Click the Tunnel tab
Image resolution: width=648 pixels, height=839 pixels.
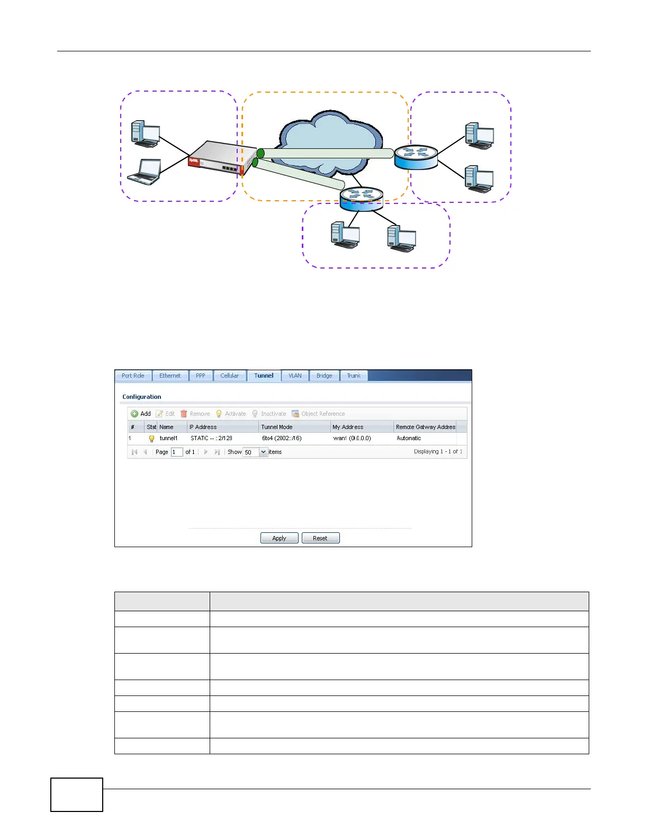click(264, 376)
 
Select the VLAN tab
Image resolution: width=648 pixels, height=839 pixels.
click(295, 376)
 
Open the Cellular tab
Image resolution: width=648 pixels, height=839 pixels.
click(229, 376)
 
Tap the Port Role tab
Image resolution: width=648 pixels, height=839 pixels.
click(133, 376)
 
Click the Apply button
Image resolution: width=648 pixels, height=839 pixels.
click(279, 538)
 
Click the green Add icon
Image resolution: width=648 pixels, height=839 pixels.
click(134, 414)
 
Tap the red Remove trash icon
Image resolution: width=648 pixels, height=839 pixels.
click(184, 414)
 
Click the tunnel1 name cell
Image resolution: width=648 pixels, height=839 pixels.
click(169, 438)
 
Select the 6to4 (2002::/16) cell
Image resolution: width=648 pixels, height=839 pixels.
click(282, 438)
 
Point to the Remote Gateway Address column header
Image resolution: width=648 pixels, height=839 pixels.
click(425, 427)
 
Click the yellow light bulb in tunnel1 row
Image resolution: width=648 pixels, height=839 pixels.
click(151, 439)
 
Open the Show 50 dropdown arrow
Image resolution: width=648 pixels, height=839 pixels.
click(263, 452)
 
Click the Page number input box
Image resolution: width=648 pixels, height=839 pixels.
click(177, 452)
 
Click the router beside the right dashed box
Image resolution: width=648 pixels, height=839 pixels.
click(416, 157)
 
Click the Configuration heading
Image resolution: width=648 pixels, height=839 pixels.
click(142, 397)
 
